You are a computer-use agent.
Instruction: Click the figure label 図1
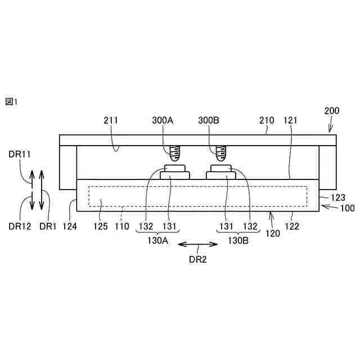coord(12,101)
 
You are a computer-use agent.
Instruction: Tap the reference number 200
coord(332,111)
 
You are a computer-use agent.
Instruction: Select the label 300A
coord(163,120)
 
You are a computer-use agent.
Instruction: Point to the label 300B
coord(209,120)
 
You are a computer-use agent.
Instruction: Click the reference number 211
coord(111,120)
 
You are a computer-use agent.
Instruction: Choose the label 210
coord(267,120)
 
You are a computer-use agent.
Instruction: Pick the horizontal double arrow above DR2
coord(198,244)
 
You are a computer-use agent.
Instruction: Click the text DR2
coord(198,259)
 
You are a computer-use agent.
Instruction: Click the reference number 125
coord(100,226)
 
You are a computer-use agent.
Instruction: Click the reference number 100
coord(348,208)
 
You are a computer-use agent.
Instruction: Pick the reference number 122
coord(292,226)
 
